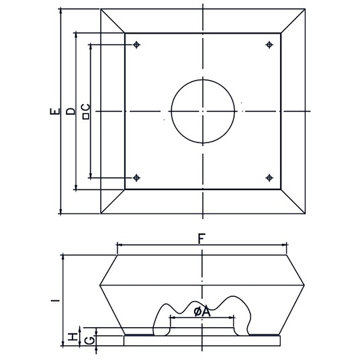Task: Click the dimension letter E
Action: coord(55,111)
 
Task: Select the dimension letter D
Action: coord(71,111)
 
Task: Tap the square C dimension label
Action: coord(86,111)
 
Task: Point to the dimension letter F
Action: coord(201,239)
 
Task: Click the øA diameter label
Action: coord(202,312)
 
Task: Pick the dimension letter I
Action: coord(55,300)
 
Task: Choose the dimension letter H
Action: coord(73,337)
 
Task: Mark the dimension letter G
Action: coord(89,341)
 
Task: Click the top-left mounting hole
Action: coord(136,44)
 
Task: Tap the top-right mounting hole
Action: coord(269,44)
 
